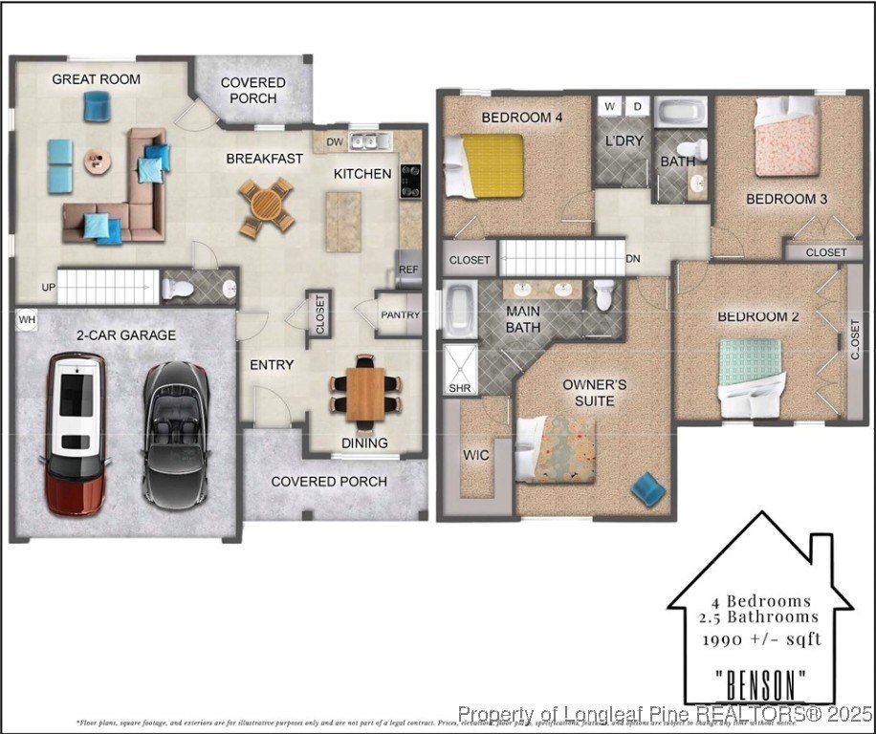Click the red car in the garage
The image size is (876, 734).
77,432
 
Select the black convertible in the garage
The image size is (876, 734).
176,432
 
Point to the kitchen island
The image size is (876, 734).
343,221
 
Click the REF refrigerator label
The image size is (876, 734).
408,270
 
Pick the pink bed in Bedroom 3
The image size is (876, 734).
787,141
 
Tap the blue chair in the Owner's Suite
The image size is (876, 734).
648,488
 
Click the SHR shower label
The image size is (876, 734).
459,389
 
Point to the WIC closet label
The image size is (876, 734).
475,455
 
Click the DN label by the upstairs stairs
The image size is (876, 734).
632,259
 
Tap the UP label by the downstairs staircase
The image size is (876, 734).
47,288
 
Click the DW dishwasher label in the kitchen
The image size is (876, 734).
334,142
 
